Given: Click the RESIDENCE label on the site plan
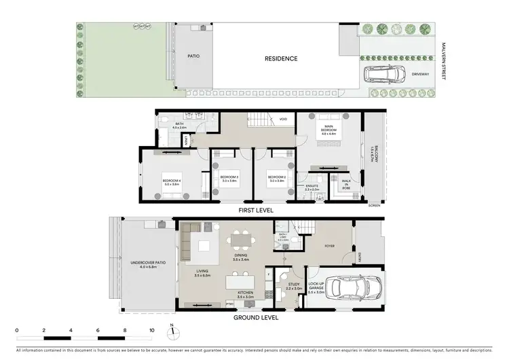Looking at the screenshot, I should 280,58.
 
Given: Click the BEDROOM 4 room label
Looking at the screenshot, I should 171,181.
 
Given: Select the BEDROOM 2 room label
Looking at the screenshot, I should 275,179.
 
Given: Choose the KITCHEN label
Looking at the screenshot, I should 245,295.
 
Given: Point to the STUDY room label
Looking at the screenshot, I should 294,286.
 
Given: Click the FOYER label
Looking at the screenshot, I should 329,246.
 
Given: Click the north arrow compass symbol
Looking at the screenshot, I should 173,334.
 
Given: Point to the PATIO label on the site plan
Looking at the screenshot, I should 193,57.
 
